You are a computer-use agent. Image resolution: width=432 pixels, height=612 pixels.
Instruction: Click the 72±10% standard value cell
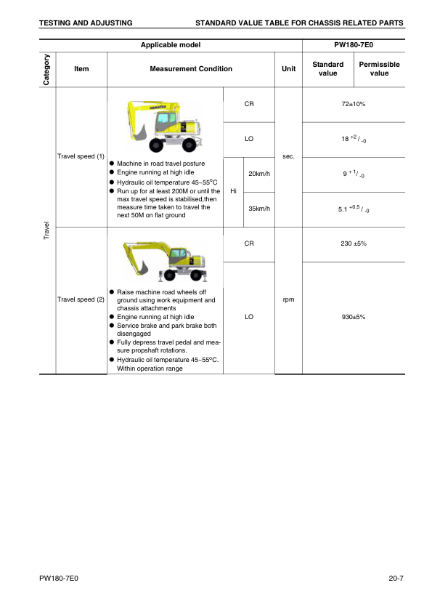tap(353, 105)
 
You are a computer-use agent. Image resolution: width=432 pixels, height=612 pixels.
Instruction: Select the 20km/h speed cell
tap(259, 174)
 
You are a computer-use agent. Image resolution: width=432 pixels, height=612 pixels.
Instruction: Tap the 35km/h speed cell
tap(259, 209)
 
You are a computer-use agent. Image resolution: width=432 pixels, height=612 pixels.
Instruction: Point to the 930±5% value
tap(353, 317)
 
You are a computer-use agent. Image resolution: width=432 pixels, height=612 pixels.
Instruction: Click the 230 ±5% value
tap(353, 243)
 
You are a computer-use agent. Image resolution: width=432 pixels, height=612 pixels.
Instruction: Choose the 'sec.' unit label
tap(288, 156)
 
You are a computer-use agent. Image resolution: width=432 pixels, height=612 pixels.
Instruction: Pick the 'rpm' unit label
tap(288, 299)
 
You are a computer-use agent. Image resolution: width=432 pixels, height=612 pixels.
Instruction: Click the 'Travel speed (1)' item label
tap(81, 156)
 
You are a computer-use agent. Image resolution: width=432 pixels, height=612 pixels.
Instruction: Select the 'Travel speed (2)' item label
tap(81, 299)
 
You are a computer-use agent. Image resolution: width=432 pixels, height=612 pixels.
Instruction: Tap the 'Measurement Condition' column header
tap(191, 69)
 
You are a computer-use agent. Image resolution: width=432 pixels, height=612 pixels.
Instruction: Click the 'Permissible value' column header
tap(379, 69)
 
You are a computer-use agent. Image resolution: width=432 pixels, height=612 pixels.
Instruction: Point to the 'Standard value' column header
tap(327, 69)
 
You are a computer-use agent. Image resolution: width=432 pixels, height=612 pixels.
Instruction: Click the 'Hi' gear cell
tap(233, 191)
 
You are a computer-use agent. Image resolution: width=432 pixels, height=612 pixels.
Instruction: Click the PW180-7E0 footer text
tap(59, 579)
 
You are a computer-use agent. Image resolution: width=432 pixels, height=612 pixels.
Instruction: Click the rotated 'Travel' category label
tap(46, 230)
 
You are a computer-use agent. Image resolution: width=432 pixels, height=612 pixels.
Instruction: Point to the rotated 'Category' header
tap(46, 70)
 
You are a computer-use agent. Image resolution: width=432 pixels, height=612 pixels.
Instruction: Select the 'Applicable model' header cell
tap(170, 45)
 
